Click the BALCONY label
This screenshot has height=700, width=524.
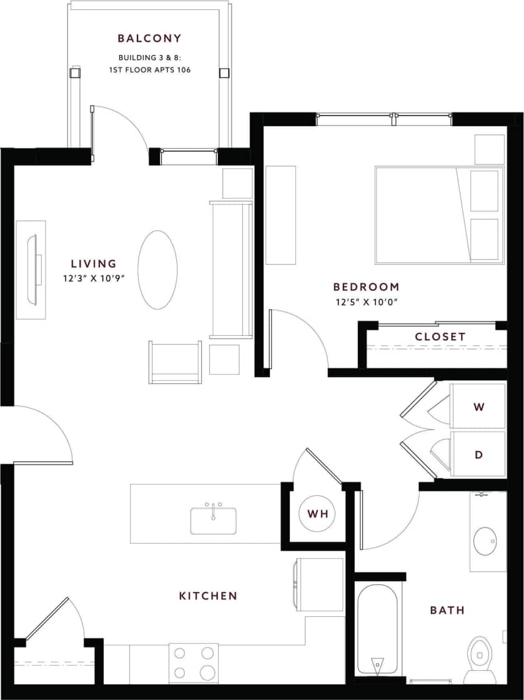(x=150, y=39)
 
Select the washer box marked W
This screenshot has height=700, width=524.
(x=478, y=407)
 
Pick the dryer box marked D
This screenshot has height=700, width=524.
(x=478, y=455)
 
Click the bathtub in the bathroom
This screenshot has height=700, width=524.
(x=377, y=628)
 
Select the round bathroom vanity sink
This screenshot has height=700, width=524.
(x=486, y=541)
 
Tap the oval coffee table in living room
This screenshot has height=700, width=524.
(x=157, y=269)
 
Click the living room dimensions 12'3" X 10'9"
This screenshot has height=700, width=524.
(x=94, y=279)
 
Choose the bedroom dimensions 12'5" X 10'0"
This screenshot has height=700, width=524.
(x=366, y=303)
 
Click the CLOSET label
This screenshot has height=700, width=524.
(x=440, y=337)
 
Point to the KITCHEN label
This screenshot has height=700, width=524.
(x=208, y=596)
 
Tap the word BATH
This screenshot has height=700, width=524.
(x=447, y=610)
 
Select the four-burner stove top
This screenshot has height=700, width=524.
(x=194, y=663)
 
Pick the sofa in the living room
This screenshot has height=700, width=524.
(x=231, y=269)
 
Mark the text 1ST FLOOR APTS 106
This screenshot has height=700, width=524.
(x=150, y=70)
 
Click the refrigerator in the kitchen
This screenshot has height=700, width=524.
(x=320, y=584)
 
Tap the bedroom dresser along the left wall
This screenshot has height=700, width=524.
(x=280, y=215)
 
